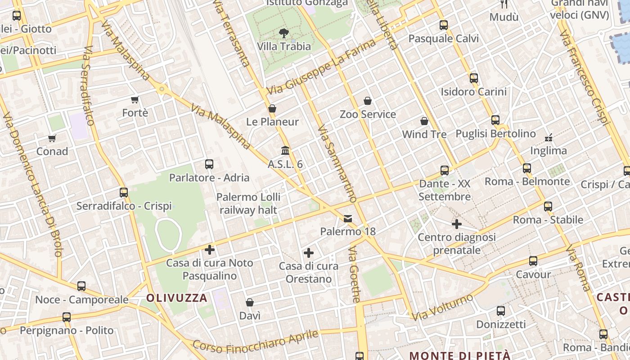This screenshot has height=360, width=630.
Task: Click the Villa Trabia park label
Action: point(284,46)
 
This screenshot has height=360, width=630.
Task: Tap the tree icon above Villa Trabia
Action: point(284,33)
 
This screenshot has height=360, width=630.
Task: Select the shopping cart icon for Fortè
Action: point(135,99)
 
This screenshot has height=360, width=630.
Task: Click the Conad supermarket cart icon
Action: point(52,138)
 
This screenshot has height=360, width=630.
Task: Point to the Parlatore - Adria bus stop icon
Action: point(209,164)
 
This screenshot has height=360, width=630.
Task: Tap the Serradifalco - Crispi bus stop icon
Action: point(124,193)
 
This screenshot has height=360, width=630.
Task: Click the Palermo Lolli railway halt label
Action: point(248,203)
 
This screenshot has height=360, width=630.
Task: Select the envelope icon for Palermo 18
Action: point(348,219)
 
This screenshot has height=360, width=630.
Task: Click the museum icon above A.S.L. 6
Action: point(285,150)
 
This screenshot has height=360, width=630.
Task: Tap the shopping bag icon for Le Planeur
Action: point(272,108)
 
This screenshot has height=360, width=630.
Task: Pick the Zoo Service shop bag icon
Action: point(368,101)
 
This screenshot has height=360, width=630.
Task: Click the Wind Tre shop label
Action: point(424,134)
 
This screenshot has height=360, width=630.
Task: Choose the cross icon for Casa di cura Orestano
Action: point(309,253)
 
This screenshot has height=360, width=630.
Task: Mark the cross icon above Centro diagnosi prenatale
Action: point(457,224)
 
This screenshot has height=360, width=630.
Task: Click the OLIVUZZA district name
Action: point(177,297)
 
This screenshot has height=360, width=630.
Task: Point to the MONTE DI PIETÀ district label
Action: point(460,355)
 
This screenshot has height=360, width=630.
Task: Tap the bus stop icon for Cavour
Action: point(533,261)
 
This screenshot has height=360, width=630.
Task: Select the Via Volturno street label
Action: point(442,307)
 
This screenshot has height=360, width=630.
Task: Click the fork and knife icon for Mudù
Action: point(504,4)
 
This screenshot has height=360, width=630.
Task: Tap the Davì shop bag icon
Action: point(250,302)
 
